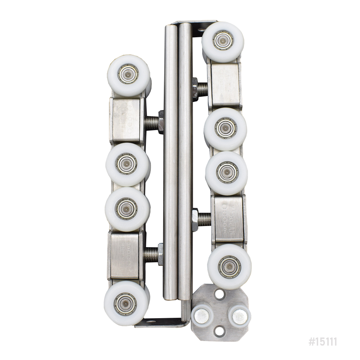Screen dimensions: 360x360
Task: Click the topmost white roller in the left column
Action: tap(128, 75)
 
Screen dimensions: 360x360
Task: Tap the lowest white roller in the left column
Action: tap(126, 302)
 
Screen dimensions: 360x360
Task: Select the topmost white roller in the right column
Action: tap(223, 41)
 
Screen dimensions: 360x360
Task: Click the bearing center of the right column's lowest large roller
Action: tap(229, 266)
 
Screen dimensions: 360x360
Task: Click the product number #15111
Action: tap(322, 342)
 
